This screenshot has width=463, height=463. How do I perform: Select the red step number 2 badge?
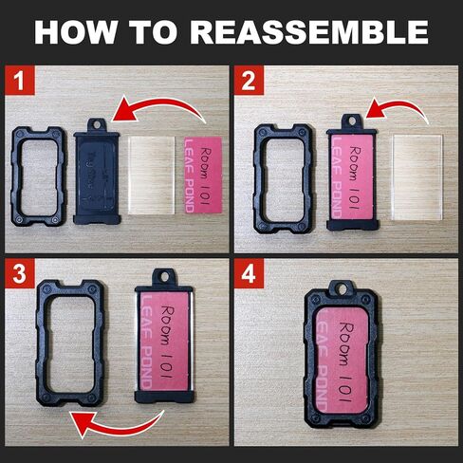click(250, 81)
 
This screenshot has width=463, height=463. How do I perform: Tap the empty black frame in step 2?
click(283, 171)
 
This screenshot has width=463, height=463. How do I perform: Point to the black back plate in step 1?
click(96, 173)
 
